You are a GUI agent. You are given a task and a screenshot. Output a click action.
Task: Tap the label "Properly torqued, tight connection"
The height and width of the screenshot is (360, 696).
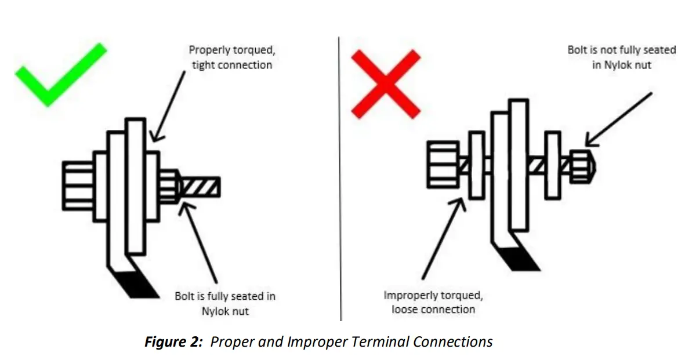231,57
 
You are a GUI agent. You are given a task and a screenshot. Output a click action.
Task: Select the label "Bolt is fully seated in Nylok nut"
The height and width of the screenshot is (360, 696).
225,303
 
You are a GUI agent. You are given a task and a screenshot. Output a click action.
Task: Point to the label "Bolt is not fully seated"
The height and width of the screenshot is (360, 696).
621,57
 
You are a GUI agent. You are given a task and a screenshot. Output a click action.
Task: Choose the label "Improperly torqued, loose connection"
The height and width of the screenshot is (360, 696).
433,302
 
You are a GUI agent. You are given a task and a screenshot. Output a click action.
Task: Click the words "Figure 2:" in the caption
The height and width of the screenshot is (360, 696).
175,341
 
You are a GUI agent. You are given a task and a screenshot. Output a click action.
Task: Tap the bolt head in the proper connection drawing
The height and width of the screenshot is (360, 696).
78,185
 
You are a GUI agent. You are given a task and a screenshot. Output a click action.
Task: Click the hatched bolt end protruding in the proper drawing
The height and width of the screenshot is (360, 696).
201,187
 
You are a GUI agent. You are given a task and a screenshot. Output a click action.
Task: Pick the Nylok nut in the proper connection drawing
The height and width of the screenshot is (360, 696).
169,186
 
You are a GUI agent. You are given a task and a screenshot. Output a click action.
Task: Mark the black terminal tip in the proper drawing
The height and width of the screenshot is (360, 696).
137,285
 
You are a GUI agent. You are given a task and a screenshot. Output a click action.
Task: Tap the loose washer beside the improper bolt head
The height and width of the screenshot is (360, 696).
476,165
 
